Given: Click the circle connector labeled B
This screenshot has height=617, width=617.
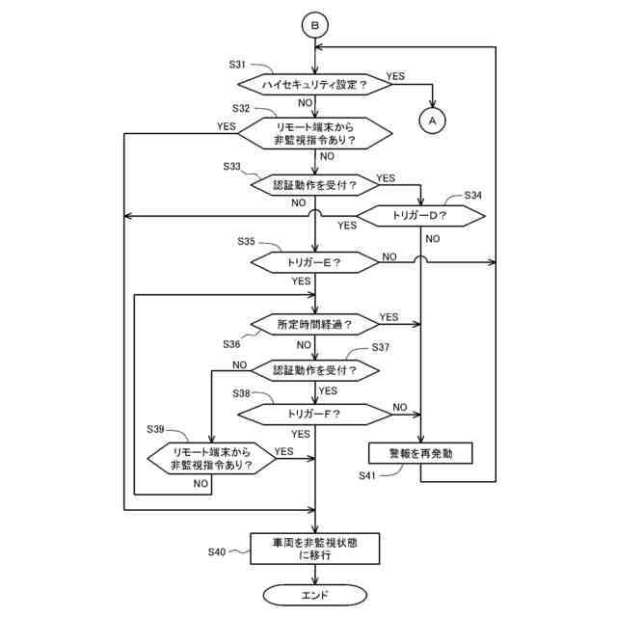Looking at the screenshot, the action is pyautogui.click(x=315, y=25).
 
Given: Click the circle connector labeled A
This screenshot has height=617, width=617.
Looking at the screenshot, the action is pyautogui.click(x=433, y=121).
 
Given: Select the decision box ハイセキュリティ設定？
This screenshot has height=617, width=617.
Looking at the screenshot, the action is pyautogui.click(x=315, y=85).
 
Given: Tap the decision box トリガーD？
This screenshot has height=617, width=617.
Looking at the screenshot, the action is pyautogui.click(x=420, y=216).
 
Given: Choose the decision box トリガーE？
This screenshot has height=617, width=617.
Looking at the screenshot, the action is pyautogui.click(x=315, y=262).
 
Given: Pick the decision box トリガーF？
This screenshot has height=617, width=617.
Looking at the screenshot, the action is pyautogui.click(x=315, y=414).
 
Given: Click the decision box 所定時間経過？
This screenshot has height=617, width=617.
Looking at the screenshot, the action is pyautogui.click(x=315, y=325).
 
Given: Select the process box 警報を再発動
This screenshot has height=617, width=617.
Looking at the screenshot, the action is pyautogui.click(x=420, y=453).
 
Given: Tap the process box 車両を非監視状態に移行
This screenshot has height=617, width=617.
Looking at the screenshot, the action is pyautogui.click(x=315, y=549).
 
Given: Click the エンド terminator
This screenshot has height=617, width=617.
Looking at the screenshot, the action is pyautogui.click(x=315, y=595).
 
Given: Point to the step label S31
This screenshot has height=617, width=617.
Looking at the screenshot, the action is pyautogui.click(x=237, y=65).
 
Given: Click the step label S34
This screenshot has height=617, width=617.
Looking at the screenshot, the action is pyautogui.click(x=473, y=195).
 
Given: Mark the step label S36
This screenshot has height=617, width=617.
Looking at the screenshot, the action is pyautogui.click(x=231, y=344).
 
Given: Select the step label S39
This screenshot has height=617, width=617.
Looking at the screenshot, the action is pyautogui.click(x=155, y=429).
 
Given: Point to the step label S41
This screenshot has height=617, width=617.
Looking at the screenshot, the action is pyautogui.click(x=366, y=475).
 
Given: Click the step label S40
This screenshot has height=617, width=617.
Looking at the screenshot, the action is pyautogui.click(x=217, y=552).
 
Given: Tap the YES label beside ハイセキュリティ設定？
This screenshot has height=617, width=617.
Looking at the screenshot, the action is pyautogui.click(x=395, y=76).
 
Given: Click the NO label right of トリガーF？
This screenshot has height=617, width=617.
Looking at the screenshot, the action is pyautogui.click(x=400, y=407).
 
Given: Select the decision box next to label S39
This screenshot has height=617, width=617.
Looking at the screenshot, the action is pyautogui.click(x=212, y=459).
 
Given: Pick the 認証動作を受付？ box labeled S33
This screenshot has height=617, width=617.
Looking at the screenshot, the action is pyautogui.click(x=315, y=185).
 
